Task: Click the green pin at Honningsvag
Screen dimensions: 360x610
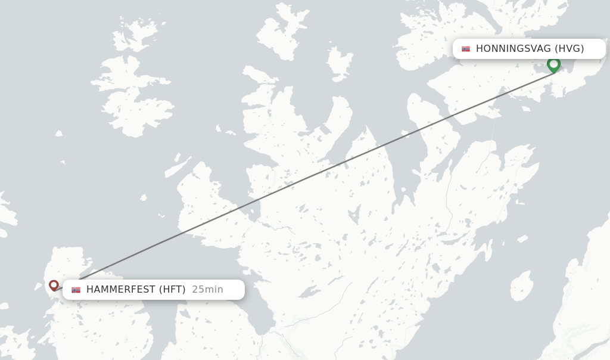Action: tap(553, 64)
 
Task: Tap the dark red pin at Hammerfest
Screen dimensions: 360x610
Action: tap(54, 285)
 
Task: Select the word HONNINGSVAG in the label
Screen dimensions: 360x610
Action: tap(513, 49)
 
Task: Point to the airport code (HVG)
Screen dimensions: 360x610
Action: tap(569, 49)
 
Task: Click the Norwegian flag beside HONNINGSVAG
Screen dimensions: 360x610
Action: tap(466, 49)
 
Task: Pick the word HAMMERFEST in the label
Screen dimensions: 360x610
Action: tap(120, 290)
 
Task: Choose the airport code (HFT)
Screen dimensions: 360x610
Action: tap(172, 290)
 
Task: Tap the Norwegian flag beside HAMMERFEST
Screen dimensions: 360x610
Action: tap(76, 290)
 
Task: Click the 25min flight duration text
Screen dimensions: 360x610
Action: tap(207, 290)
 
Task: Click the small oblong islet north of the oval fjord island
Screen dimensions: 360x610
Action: tap(522, 239)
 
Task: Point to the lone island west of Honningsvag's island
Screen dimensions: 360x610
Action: tap(340, 63)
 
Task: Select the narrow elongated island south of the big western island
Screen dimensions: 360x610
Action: tap(178, 167)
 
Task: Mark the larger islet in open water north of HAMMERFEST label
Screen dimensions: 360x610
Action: tap(142, 197)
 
